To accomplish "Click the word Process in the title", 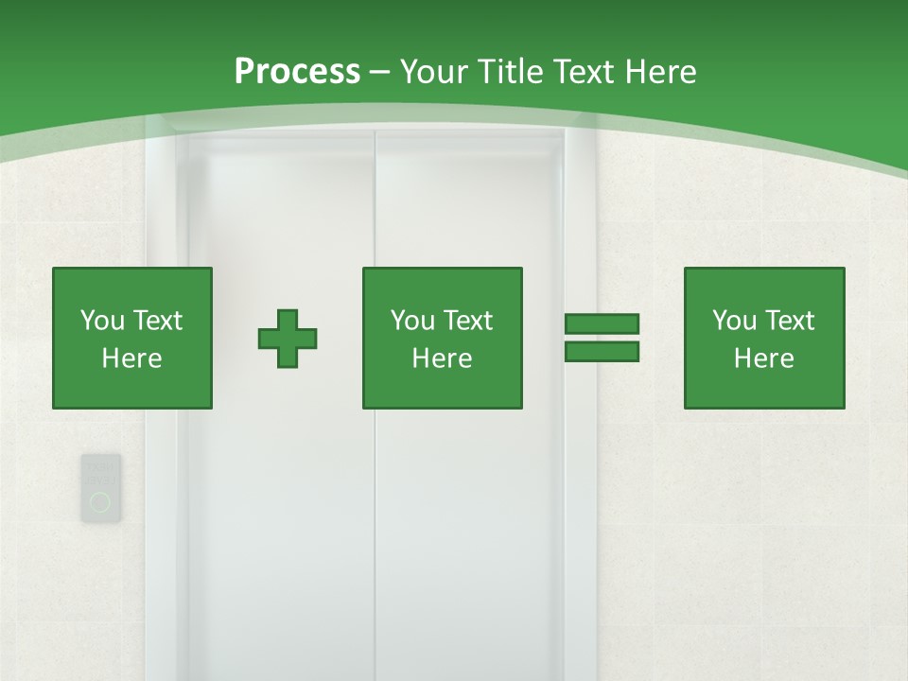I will click(297, 72).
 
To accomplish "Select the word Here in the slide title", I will click(662, 72).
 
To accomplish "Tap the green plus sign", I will click(288, 338).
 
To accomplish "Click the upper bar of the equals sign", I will click(602, 324).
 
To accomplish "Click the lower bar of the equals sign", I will click(602, 351).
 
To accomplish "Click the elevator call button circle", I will click(100, 502).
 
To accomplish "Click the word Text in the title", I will click(584, 72).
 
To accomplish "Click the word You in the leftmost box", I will click(102, 321).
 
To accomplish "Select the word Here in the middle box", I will click(442, 358).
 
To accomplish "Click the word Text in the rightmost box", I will click(789, 321).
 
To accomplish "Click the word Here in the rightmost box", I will click(764, 358).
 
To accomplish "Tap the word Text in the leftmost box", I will click(157, 321).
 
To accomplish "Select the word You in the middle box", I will click(412, 321).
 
